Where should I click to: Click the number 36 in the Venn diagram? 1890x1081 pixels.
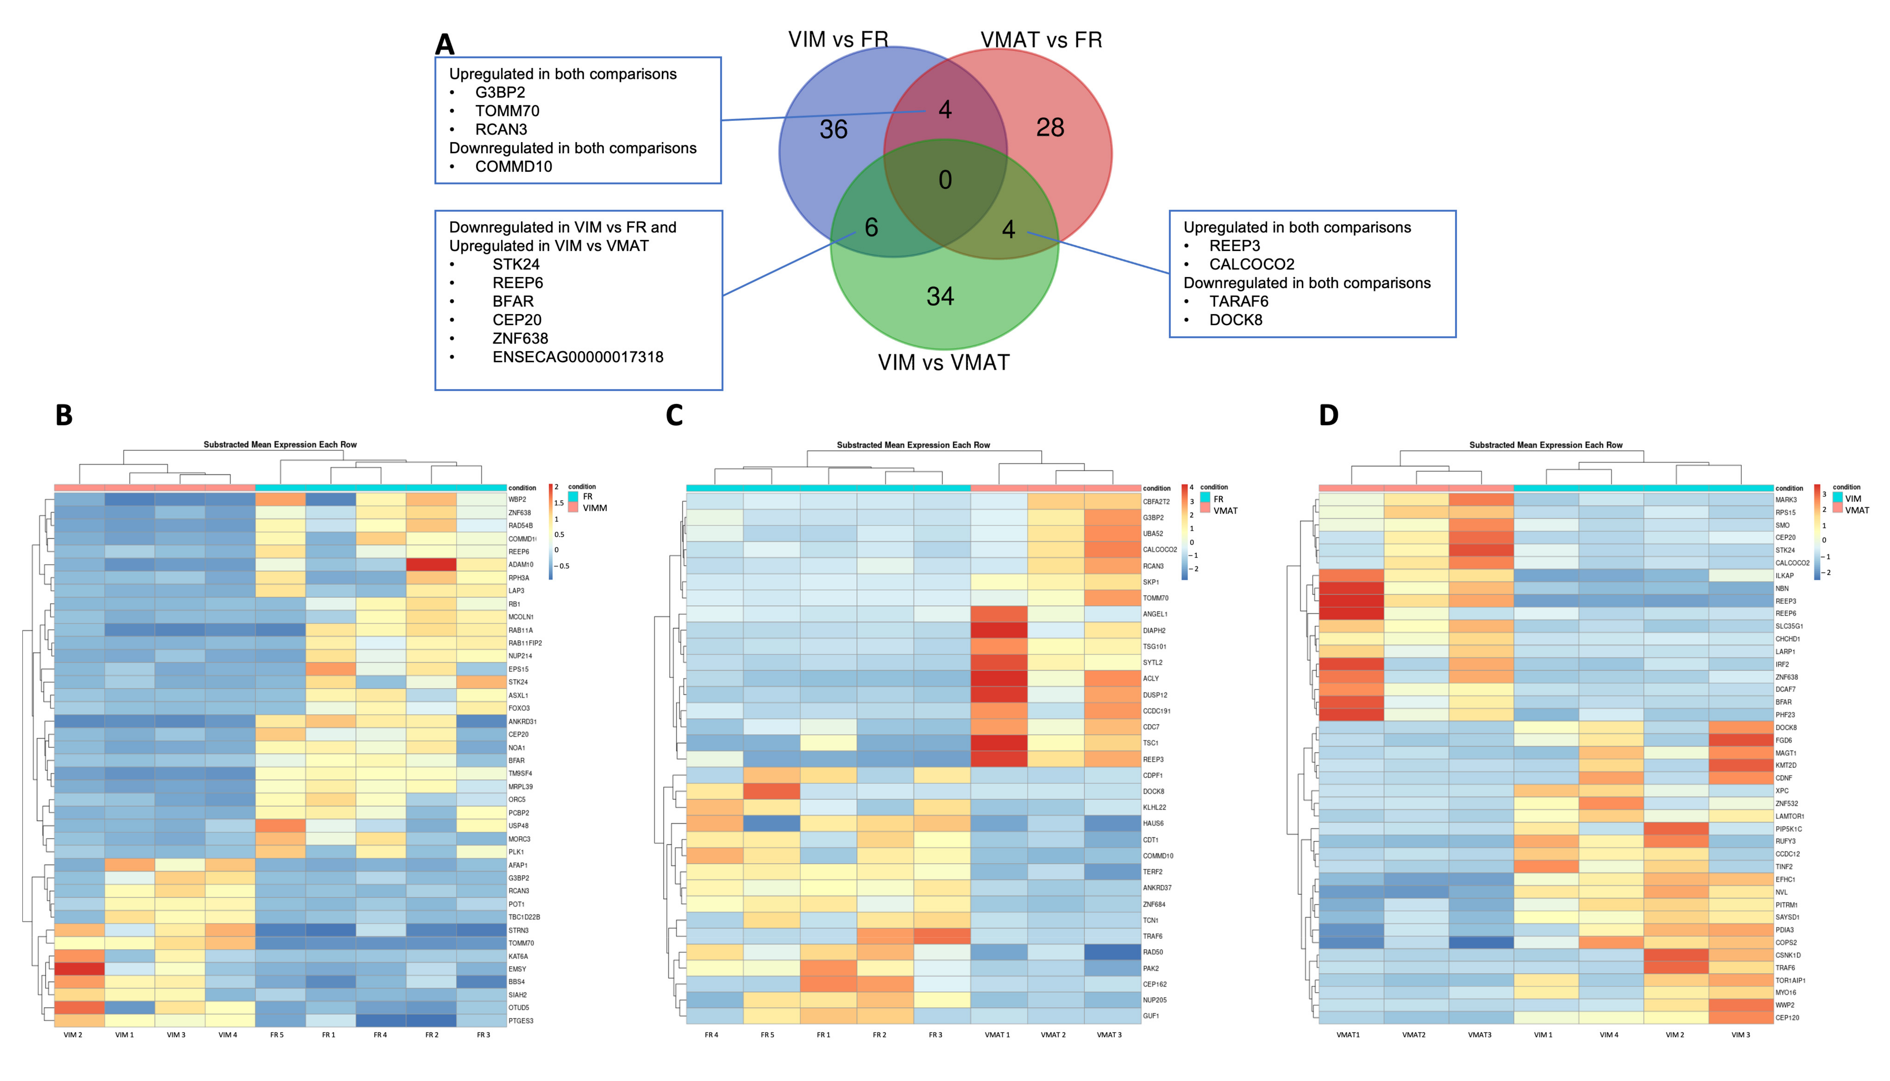pyautogui.click(x=833, y=130)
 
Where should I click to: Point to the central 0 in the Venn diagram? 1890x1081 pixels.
pyautogui.click(x=945, y=180)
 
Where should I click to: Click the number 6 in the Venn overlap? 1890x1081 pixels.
pyautogui.click(x=871, y=227)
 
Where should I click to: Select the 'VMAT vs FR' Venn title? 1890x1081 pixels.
pyautogui.click(x=1041, y=40)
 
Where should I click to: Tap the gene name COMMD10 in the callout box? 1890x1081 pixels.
pyautogui.click(x=513, y=166)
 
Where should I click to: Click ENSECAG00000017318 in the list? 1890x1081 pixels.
pyautogui.click(x=578, y=357)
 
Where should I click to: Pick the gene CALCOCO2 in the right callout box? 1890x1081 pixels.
pyautogui.click(x=1251, y=264)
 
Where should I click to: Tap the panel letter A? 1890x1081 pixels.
pyautogui.click(x=444, y=45)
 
